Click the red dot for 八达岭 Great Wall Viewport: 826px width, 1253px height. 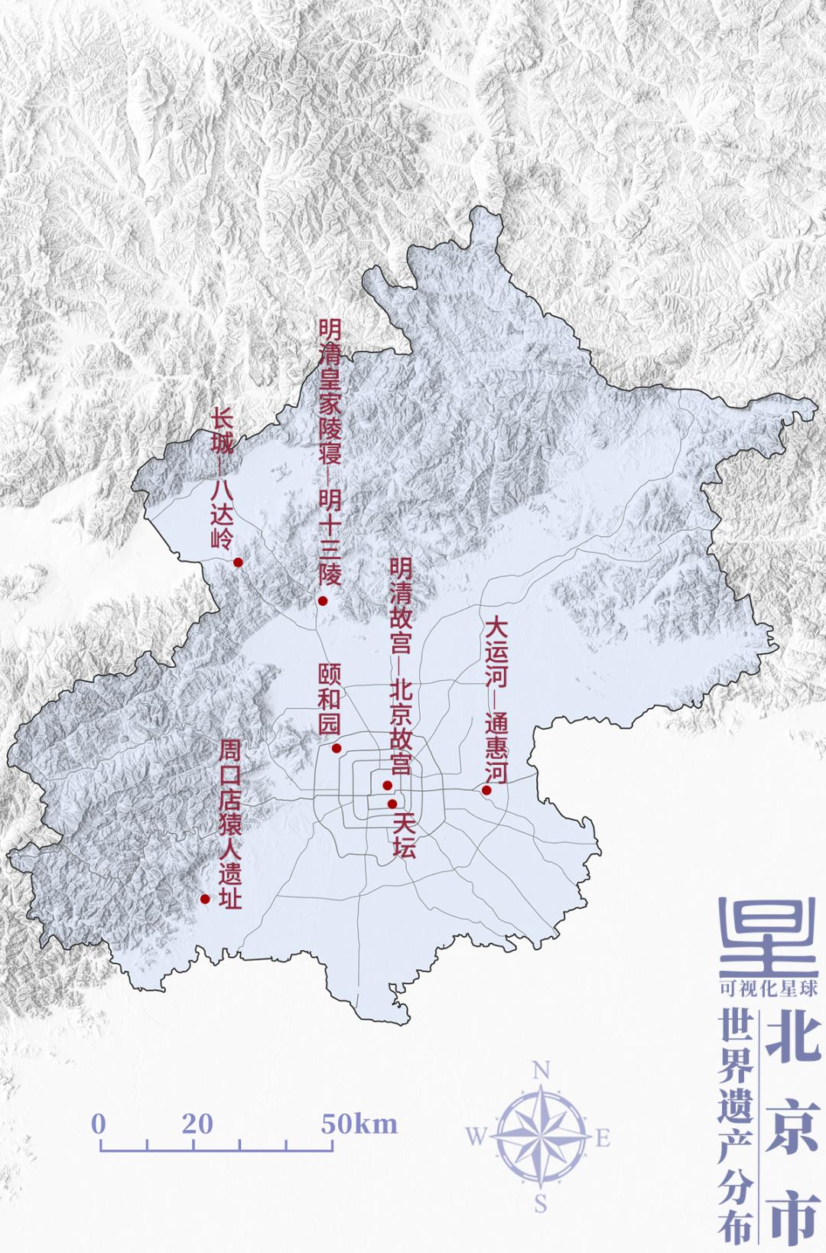tap(238, 562)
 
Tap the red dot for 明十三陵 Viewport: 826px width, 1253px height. tap(323, 600)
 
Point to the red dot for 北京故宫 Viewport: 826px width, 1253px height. tap(387, 786)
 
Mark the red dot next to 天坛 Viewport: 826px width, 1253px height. tap(392, 803)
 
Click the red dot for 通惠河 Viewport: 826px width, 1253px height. tap(486, 790)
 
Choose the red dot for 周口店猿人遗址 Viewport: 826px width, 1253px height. tap(205, 899)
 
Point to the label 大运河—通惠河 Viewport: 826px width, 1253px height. tap(496, 700)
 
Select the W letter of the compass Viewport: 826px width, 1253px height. tap(475, 1138)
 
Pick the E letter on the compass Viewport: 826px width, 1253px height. tap(603, 1138)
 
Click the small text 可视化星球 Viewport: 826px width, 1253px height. tap(769, 989)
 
